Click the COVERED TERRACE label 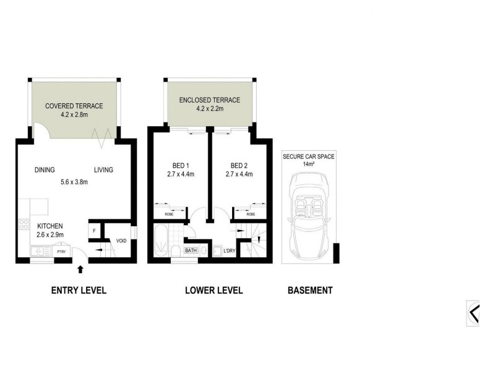[x=74, y=106]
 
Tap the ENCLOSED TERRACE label [x=209, y=100]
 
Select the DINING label [x=45, y=170]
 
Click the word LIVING [x=103, y=170]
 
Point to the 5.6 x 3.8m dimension [x=74, y=182]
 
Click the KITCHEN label [x=49, y=226]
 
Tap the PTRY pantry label [x=62, y=252]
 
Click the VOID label [x=121, y=241]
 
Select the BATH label [x=190, y=251]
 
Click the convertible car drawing [x=308, y=213]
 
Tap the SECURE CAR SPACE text [x=308, y=157]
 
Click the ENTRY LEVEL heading [x=79, y=290]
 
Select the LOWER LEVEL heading [x=213, y=290]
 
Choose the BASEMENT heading [x=310, y=290]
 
